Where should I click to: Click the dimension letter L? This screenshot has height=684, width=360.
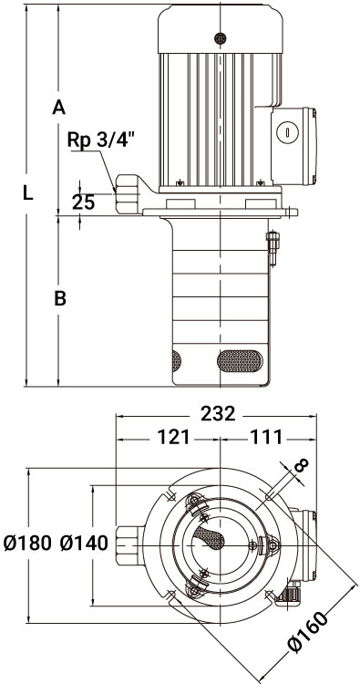point(28,192)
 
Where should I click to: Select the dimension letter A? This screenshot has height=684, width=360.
point(59,107)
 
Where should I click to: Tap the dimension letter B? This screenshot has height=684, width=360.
point(60,298)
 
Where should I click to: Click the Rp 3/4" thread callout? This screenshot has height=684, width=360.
point(100,140)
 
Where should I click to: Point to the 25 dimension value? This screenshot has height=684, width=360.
point(83,202)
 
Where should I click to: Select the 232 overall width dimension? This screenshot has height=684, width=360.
point(218,413)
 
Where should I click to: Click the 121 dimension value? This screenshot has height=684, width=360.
point(173,437)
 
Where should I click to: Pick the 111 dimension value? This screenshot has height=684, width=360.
point(266,437)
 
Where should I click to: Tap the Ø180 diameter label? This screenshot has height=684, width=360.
point(27,544)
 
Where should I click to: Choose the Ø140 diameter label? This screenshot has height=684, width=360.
point(84,544)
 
